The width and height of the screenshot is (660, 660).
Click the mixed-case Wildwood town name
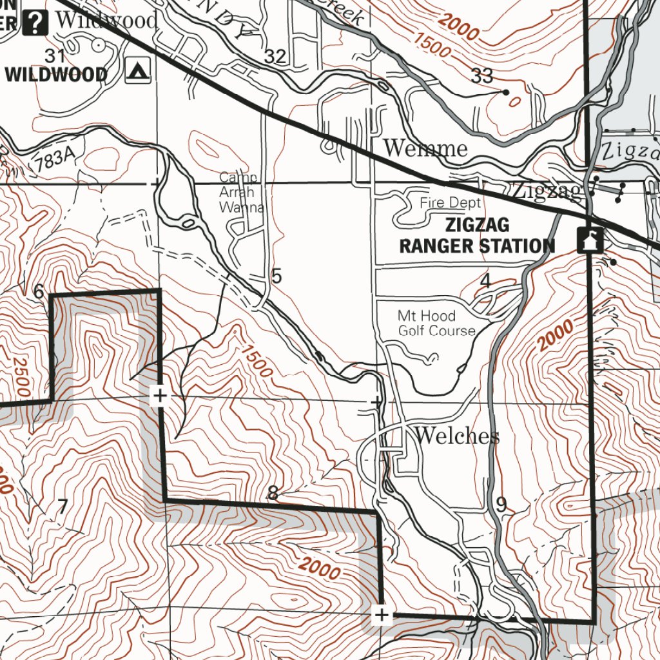(x=106, y=20)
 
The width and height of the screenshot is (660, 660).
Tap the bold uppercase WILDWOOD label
(x=57, y=75)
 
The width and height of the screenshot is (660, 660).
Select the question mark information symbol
(x=36, y=23)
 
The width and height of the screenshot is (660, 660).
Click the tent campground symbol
(x=138, y=71)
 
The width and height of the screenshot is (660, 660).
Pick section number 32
(x=275, y=57)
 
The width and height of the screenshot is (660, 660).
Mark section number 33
(x=482, y=76)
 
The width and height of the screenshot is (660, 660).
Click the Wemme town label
(x=425, y=148)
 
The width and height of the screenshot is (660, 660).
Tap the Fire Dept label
(x=451, y=203)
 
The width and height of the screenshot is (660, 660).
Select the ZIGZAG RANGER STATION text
(x=477, y=235)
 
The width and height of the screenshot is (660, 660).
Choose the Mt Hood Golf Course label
(x=436, y=324)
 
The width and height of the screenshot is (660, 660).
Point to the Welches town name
(x=457, y=436)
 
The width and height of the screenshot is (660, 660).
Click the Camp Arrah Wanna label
(x=240, y=192)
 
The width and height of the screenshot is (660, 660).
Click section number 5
(x=277, y=277)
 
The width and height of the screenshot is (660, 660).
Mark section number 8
(x=273, y=494)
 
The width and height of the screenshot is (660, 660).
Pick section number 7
(x=62, y=507)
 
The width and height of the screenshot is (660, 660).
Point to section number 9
(x=501, y=505)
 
